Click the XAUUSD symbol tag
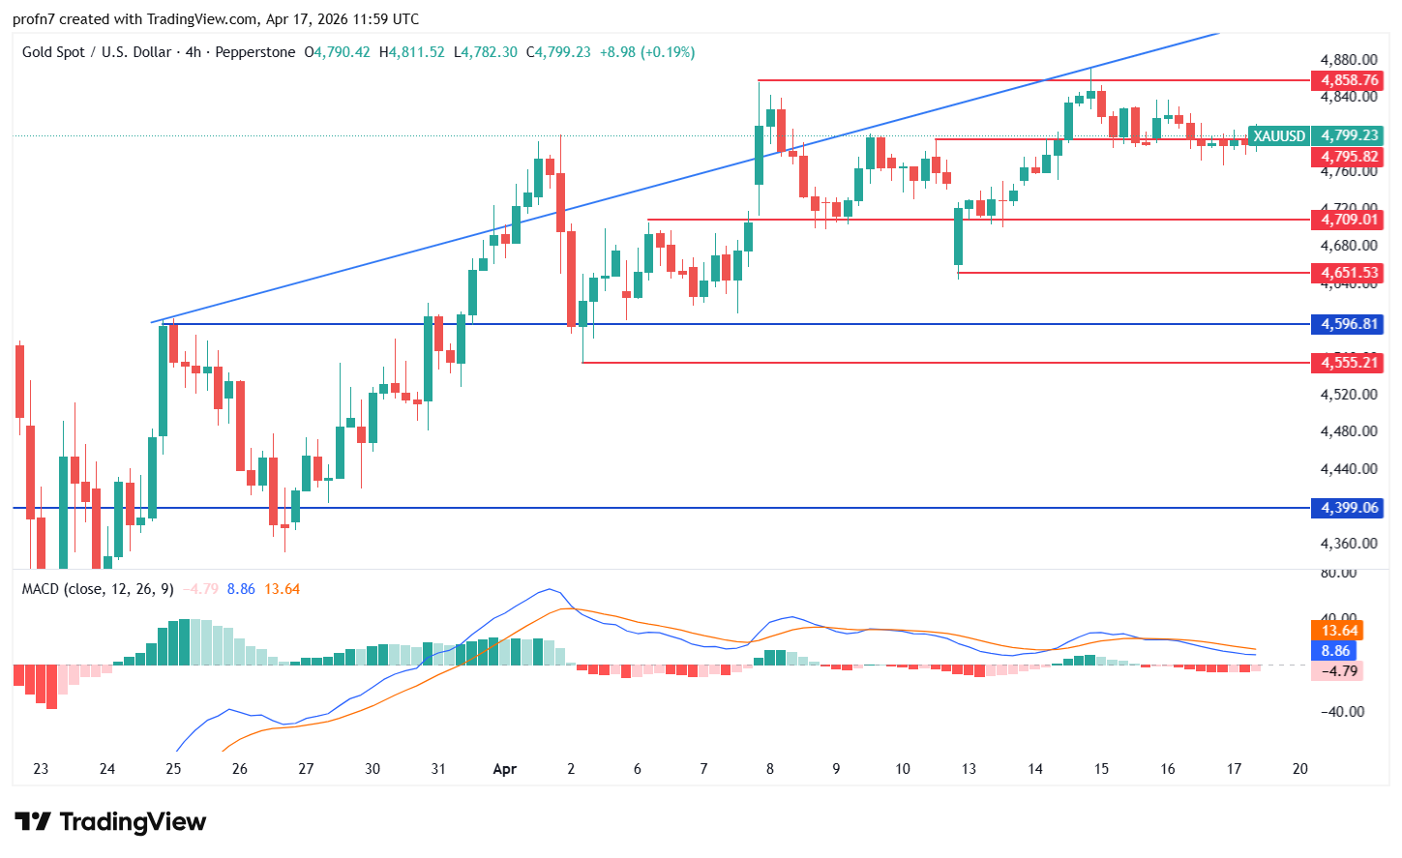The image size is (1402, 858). coord(1278,136)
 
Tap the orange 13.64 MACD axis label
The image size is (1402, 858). coord(1339,631)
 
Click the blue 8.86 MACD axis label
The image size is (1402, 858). coord(1335,651)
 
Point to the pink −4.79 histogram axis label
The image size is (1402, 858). coord(1339,671)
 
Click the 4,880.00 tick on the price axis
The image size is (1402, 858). coord(1349,60)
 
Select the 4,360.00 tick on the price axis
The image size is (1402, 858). coord(1349,544)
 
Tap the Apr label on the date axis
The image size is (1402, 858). coord(504,769)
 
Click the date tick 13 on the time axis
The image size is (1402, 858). coord(969,769)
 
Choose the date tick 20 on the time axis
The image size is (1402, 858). coord(1299,769)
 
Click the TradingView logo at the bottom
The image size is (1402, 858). coord(110,822)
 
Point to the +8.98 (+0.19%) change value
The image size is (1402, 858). coord(647,52)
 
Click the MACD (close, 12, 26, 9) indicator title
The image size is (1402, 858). coord(98,589)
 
